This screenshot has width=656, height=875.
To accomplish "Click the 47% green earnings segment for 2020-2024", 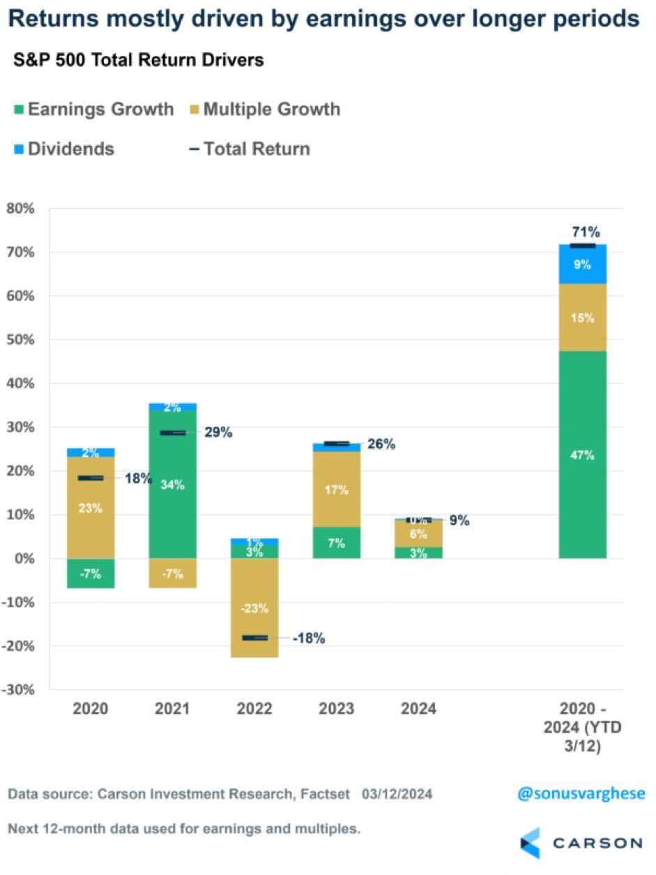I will (x=582, y=455).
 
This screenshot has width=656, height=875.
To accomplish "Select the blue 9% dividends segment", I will (x=582, y=264).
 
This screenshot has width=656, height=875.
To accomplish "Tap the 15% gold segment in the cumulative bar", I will (x=582, y=317).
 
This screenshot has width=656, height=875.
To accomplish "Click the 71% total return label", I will (x=586, y=232).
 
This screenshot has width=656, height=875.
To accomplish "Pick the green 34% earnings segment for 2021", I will (x=172, y=484).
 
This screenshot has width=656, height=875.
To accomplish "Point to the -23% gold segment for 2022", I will (x=254, y=607).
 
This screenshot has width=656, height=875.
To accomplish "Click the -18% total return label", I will (x=309, y=637).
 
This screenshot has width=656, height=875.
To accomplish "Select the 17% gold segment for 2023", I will (x=337, y=489).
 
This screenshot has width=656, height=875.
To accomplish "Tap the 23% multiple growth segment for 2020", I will (x=91, y=508).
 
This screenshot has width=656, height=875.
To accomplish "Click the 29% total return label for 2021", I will (x=218, y=432).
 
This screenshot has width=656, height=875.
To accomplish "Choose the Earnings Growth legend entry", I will (x=93, y=109).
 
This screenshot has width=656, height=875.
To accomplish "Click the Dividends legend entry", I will (x=63, y=149).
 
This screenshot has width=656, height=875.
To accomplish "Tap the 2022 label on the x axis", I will (x=254, y=709).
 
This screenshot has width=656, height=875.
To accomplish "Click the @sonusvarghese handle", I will (x=581, y=793).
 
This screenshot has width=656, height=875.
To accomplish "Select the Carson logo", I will (x=581, y=842).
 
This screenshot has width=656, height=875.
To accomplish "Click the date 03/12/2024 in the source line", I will (x=397, y=794).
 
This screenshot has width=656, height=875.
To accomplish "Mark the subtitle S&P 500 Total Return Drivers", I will (x=139, y=60).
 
